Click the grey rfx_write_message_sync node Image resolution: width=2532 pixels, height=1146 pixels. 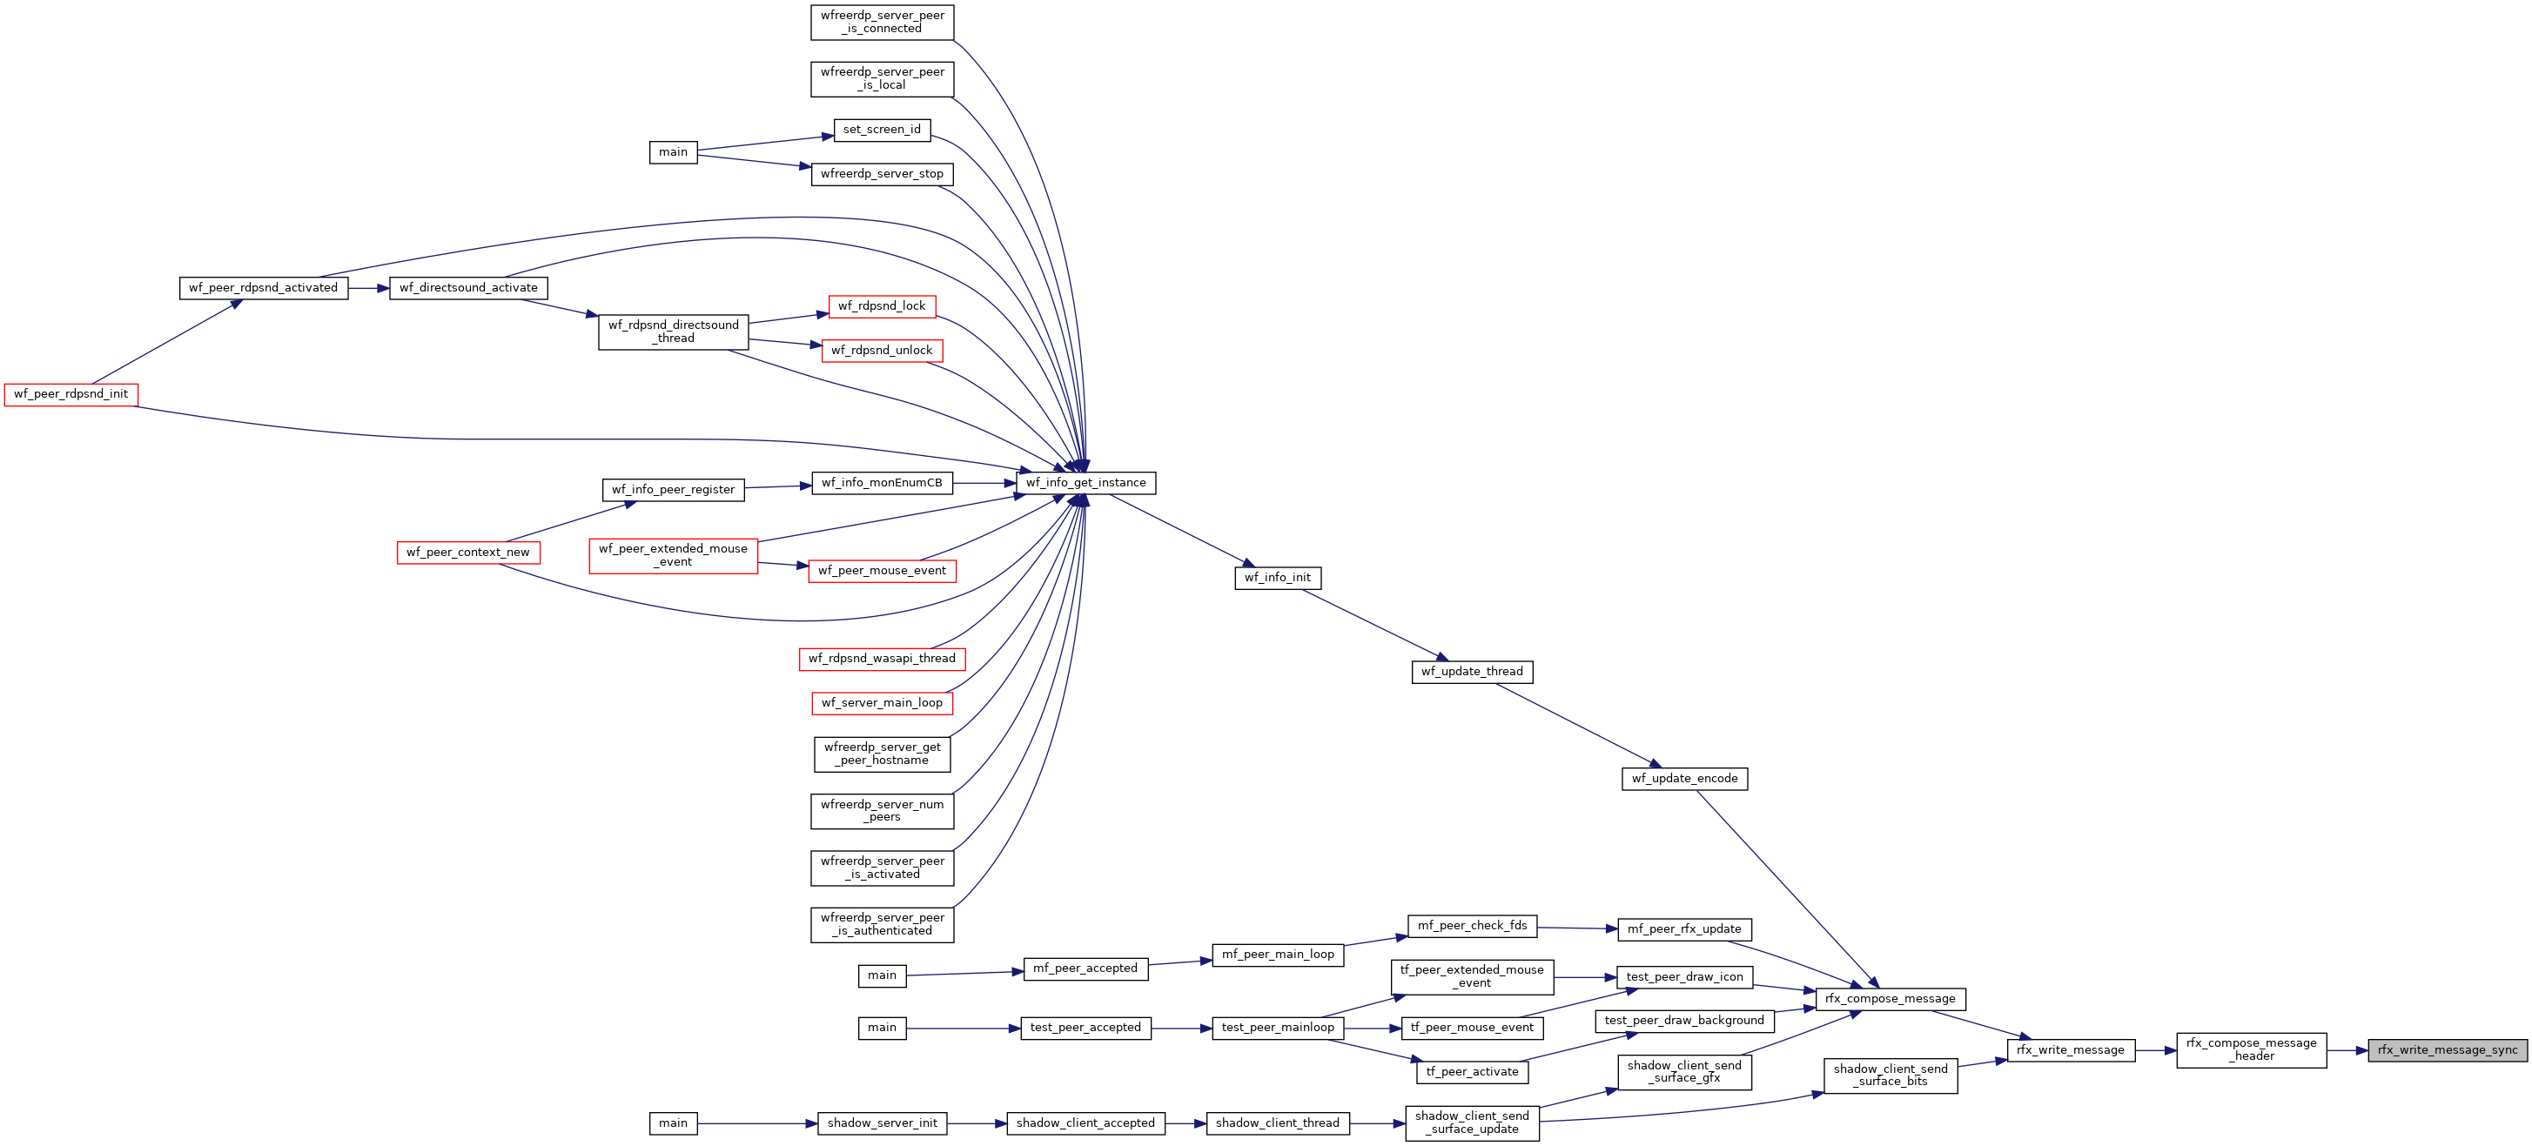[x=2447, y=1049]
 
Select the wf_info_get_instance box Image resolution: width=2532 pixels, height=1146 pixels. [x=1085, y=483]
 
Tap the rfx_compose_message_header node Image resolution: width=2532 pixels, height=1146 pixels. [x=2251, y=1049]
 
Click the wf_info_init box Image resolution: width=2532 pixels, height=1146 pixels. [x=1277, y=578]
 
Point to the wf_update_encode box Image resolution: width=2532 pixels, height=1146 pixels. [x=1683, y=779]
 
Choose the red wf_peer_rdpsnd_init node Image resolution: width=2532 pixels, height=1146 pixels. [x=71, y=394]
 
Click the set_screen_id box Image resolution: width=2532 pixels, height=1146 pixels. [x=882, y=130]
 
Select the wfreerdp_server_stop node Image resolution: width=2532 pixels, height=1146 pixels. [x=882, y=174]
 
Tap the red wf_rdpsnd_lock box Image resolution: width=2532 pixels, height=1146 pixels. [x=882, y=306]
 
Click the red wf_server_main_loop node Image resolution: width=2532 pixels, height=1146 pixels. [x=882, y=703]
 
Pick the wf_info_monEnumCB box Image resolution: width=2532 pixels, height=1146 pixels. [x=882, y=483]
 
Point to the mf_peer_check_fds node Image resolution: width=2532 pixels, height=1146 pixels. [x=1472, y=926]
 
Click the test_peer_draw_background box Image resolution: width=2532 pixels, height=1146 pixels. [x=1683, y=1022]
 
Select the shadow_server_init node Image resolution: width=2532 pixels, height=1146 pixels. [x=882, y=1123]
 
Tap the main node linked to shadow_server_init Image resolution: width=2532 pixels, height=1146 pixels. [x=674, y=1123]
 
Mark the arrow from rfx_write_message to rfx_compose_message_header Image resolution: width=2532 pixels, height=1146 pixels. [x=2155, y=1050]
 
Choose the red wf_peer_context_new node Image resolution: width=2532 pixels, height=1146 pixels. [x=468, y=553]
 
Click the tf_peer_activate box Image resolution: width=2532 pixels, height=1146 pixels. [x=1472, y=1072]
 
